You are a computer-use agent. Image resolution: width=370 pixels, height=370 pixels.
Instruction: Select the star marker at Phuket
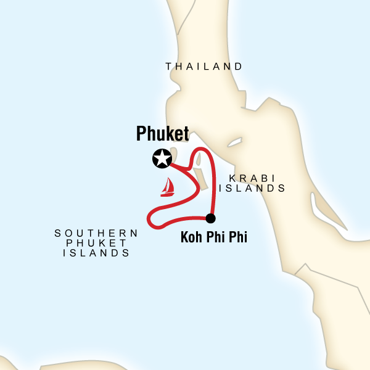(162, 159)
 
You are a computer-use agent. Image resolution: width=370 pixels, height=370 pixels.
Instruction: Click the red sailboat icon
(167, 187)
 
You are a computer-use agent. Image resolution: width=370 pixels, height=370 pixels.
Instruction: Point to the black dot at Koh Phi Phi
(210, 218)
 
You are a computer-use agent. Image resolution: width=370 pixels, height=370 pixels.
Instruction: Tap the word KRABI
(247, 178)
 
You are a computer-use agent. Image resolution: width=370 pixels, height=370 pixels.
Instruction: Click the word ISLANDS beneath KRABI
(255, 189)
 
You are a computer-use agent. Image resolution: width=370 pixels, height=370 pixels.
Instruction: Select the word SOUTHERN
(96, 233)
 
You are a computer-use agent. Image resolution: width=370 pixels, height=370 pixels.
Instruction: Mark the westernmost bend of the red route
(147, 218)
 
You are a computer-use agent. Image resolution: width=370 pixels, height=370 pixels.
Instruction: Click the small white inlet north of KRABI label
(234, 143)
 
